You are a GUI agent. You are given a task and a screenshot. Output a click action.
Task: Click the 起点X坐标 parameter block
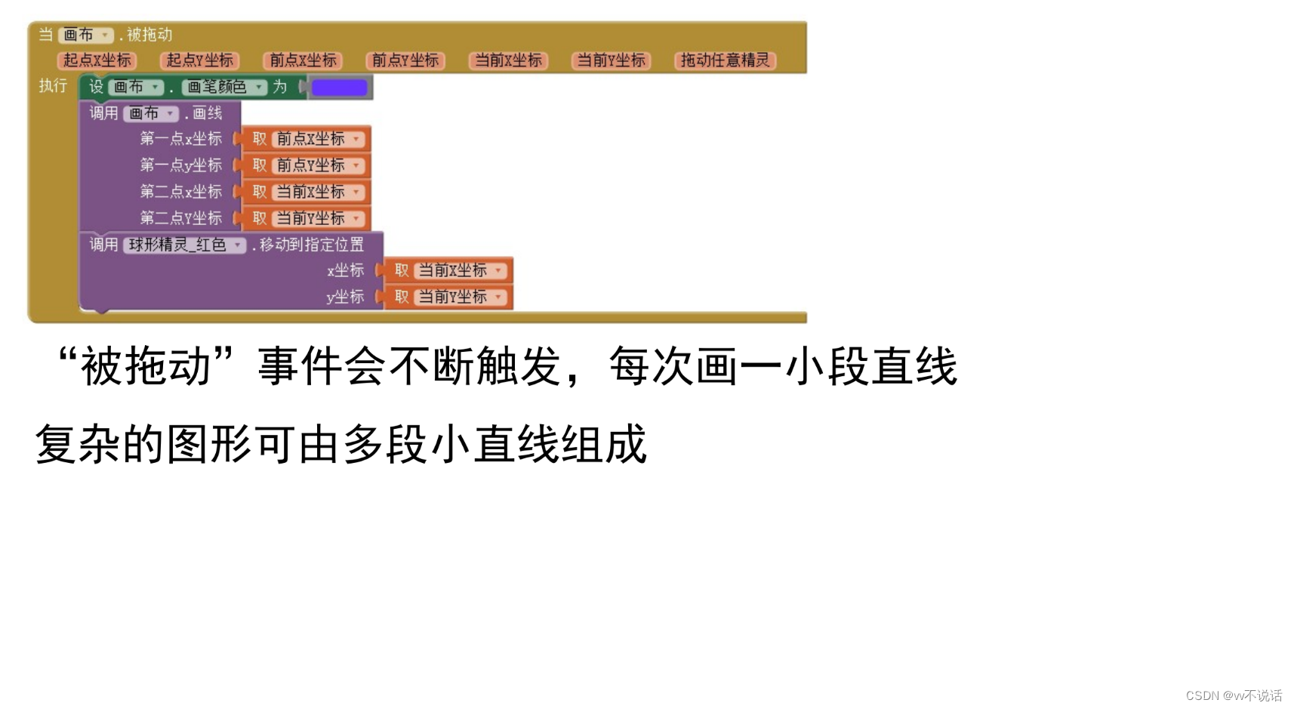click(97, 60)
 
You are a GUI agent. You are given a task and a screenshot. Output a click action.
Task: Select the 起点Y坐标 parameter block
click(199, 60)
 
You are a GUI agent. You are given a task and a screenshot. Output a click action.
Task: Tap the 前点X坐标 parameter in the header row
click(303, 60)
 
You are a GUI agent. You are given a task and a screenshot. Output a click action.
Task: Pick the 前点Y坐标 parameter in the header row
click(405, 60)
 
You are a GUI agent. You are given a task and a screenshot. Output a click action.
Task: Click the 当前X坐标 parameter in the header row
click(508, 60)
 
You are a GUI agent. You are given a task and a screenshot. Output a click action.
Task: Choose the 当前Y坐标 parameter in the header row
click(611, 60)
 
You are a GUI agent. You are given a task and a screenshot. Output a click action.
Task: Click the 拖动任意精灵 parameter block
click(725, 60)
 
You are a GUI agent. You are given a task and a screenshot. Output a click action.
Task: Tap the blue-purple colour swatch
click(340, 88)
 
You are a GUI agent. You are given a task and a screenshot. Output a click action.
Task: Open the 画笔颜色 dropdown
click(224, 88)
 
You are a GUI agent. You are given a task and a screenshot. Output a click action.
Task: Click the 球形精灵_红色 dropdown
click(184, 245)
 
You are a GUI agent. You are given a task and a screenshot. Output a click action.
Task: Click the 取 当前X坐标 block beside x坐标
click(449, 270)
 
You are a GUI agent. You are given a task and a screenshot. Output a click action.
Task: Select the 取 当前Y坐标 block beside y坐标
click(449, 297)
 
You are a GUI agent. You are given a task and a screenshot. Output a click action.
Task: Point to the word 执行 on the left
click(53, 86)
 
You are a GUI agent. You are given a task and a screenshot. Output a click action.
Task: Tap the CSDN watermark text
click(1234, 695)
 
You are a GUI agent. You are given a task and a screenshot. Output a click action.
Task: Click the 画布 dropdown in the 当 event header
click(85, 35)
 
